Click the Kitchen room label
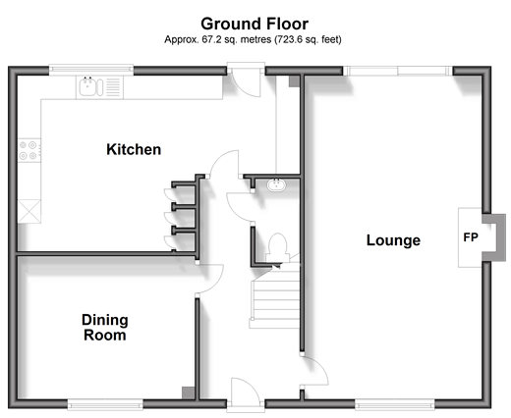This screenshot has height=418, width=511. coord(134,149)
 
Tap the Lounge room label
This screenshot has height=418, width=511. coord(393,240)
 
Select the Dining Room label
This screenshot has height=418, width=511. coord(105,328)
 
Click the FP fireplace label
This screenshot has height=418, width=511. coord(471,237)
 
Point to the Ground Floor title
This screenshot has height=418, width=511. coord(255,24)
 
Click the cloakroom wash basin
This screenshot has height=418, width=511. coord(276,185)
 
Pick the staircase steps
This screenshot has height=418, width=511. coord(275,298)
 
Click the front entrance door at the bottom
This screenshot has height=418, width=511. coord(246,393)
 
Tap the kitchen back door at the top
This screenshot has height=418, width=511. coord(247,80)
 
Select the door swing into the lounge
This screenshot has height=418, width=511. coord(314,371)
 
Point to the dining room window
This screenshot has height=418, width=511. coord(105,404)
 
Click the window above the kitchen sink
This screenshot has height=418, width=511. coord(91,70)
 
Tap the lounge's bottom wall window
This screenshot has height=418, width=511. coord(395,404)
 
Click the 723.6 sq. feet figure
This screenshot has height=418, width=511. coord(308,39)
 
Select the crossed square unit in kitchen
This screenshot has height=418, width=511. coord(29,211)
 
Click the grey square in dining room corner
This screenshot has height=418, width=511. coord(188,392)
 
